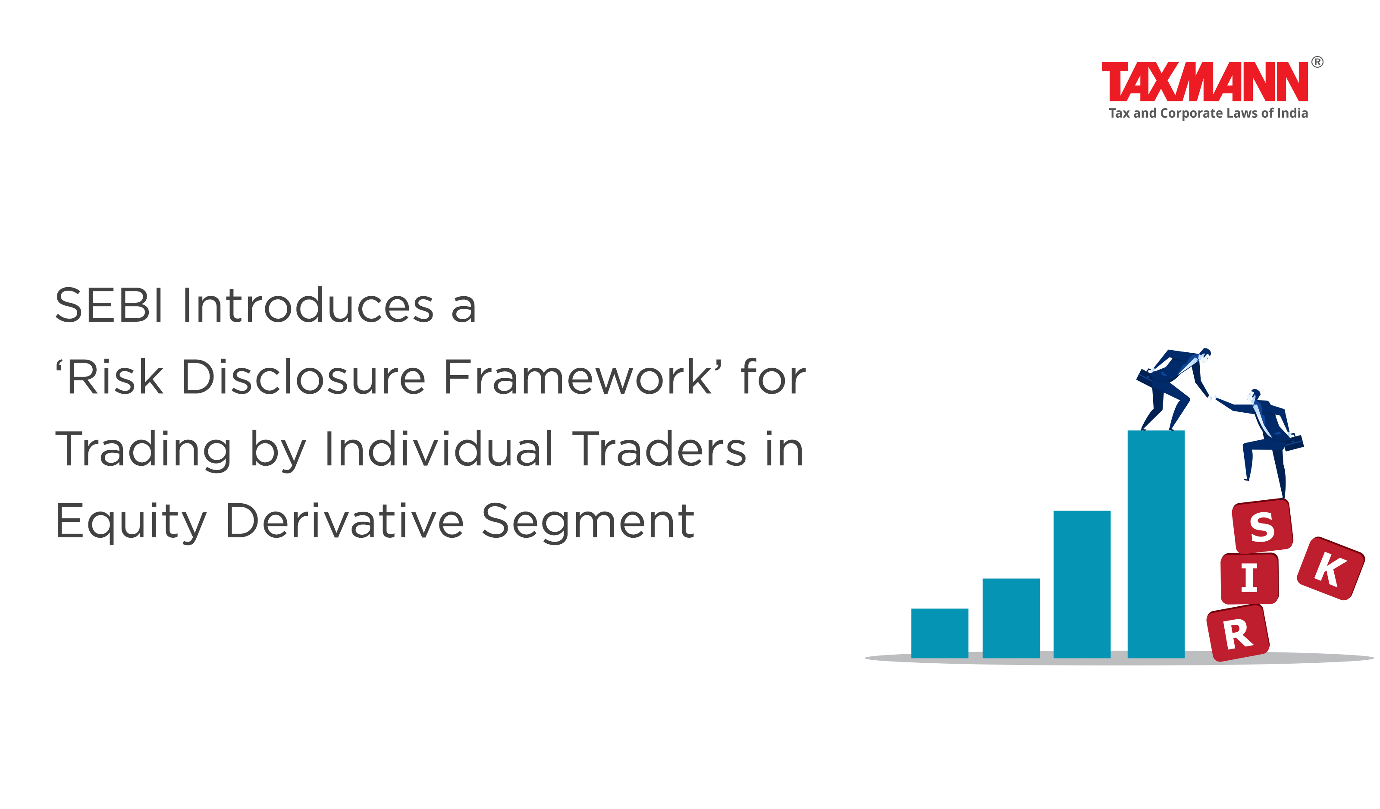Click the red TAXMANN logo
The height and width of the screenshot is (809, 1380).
coord(1205,82)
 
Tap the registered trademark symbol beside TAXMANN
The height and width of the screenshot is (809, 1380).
coord(1317,62)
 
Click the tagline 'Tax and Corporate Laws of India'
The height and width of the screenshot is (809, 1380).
coord(1208,113)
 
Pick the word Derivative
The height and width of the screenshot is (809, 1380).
coord(345,521)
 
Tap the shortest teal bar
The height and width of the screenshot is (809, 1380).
coord(940,633)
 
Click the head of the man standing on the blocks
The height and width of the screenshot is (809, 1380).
coord(1255,395)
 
